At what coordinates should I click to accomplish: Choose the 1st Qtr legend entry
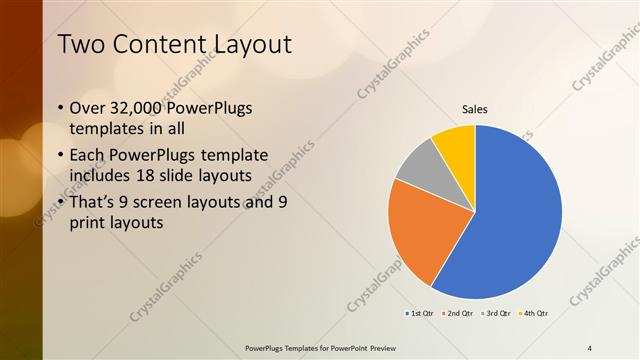click(x=419, y=313)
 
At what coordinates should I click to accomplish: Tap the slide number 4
click(x=590, y=347)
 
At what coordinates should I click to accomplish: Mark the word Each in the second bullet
click(x=87, y=155)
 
